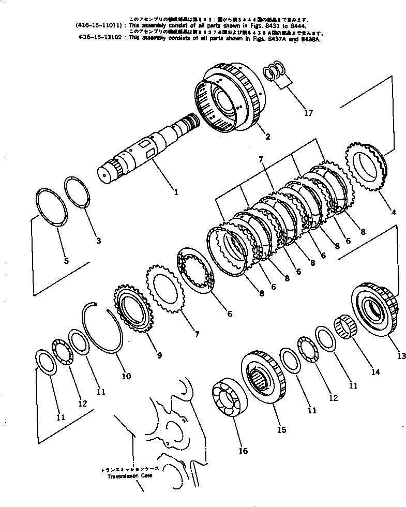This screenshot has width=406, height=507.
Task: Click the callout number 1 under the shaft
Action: [176, 192]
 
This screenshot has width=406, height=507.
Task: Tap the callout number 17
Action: [308, 112]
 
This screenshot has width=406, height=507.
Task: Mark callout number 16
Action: [243, 451]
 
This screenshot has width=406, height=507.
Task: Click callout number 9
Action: [159, 355]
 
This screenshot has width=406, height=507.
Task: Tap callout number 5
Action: [66, 260]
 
